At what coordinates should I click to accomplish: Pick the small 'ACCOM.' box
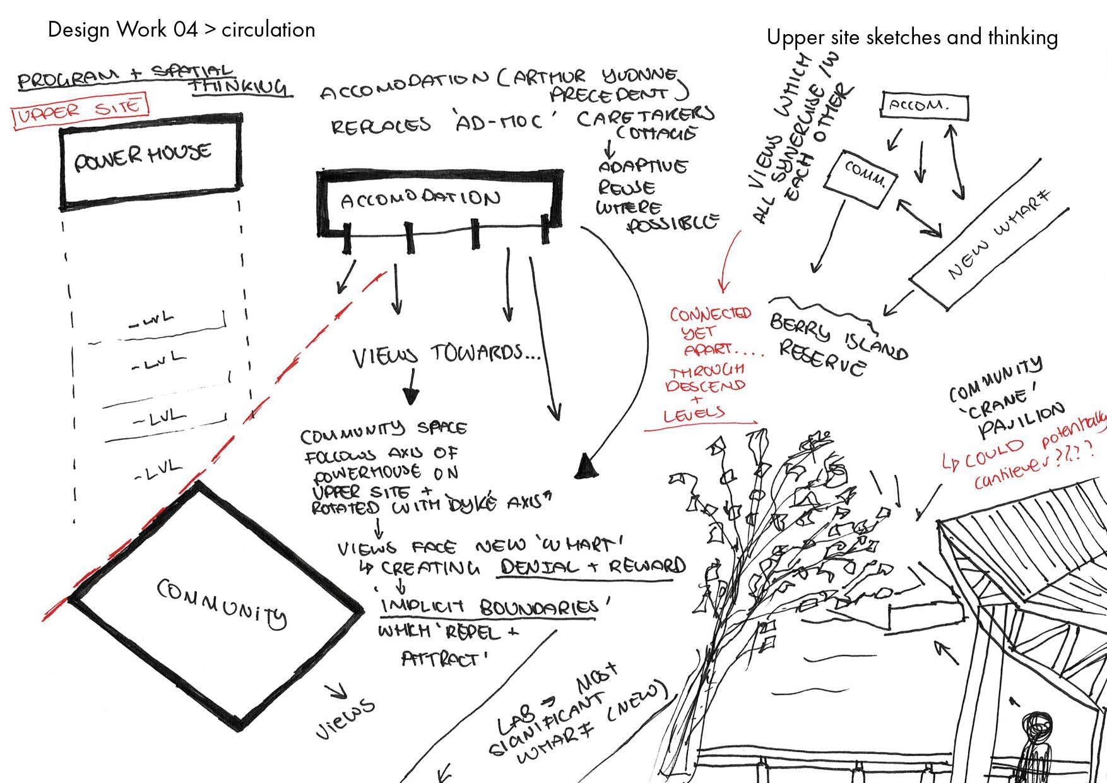pos(923,105)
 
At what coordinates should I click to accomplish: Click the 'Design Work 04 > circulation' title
pos(181,30)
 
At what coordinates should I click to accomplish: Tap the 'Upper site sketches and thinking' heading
pos(911,37)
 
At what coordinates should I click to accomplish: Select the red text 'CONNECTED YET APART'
pos(711,332)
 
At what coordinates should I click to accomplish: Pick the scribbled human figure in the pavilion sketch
pos(1036,745)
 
